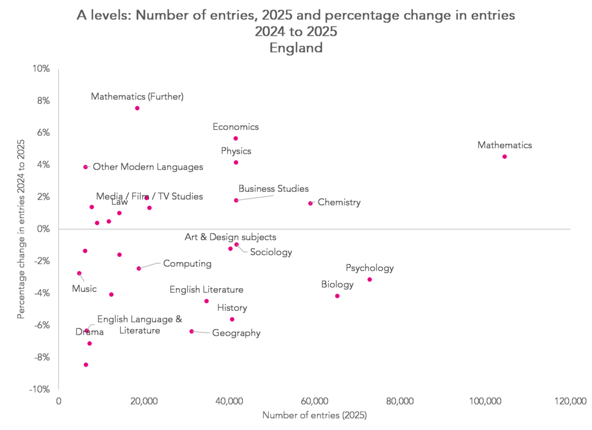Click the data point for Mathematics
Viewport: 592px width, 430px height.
click(505, 157)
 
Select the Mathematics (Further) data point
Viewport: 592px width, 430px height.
click(137, 108)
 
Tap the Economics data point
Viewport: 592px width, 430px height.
click(235, 138)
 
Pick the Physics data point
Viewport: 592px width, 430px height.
click(236, 163)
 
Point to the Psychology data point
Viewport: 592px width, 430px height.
click(369, 280)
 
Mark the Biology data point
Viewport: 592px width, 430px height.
click(337, 296)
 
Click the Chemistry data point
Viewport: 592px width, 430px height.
click(310, 203)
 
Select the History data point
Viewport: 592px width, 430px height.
click(232, 319)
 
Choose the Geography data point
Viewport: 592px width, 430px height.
click(191, 332)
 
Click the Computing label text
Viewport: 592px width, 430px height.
click(187, 264)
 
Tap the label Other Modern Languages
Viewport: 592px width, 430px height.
click(148, 167)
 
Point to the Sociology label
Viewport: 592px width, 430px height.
click(271, 252)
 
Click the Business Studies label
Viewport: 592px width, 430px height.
click(273, 189)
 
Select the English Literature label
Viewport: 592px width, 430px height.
click(206, 290)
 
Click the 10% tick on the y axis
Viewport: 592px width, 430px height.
click(42, 69)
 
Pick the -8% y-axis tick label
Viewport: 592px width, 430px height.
click(42, 358)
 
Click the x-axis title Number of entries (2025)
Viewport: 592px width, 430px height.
click(314, 416)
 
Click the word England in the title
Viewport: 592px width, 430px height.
click(295, 48)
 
